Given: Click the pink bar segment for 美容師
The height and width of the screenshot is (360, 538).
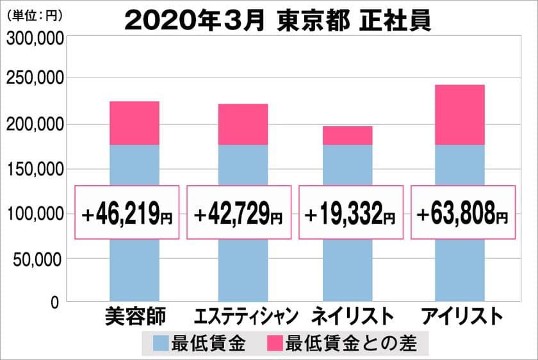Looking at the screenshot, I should point(134,123).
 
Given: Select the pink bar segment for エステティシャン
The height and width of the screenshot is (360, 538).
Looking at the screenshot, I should point(243,124).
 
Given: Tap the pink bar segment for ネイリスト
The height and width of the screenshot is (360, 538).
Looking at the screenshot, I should point(347,135).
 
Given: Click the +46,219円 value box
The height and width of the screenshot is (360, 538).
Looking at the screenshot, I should point(127,213).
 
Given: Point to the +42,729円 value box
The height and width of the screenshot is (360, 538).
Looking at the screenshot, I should point(239,213).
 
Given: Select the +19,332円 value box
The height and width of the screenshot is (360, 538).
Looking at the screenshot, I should point(351,213).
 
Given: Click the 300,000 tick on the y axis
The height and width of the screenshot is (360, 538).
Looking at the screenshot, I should point(35,38).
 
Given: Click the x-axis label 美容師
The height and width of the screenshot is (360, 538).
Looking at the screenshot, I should point(134,316).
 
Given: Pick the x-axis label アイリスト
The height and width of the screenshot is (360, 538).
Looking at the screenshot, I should point(458,316).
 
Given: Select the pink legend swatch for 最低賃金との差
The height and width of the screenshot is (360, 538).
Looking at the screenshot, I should point(275,344).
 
